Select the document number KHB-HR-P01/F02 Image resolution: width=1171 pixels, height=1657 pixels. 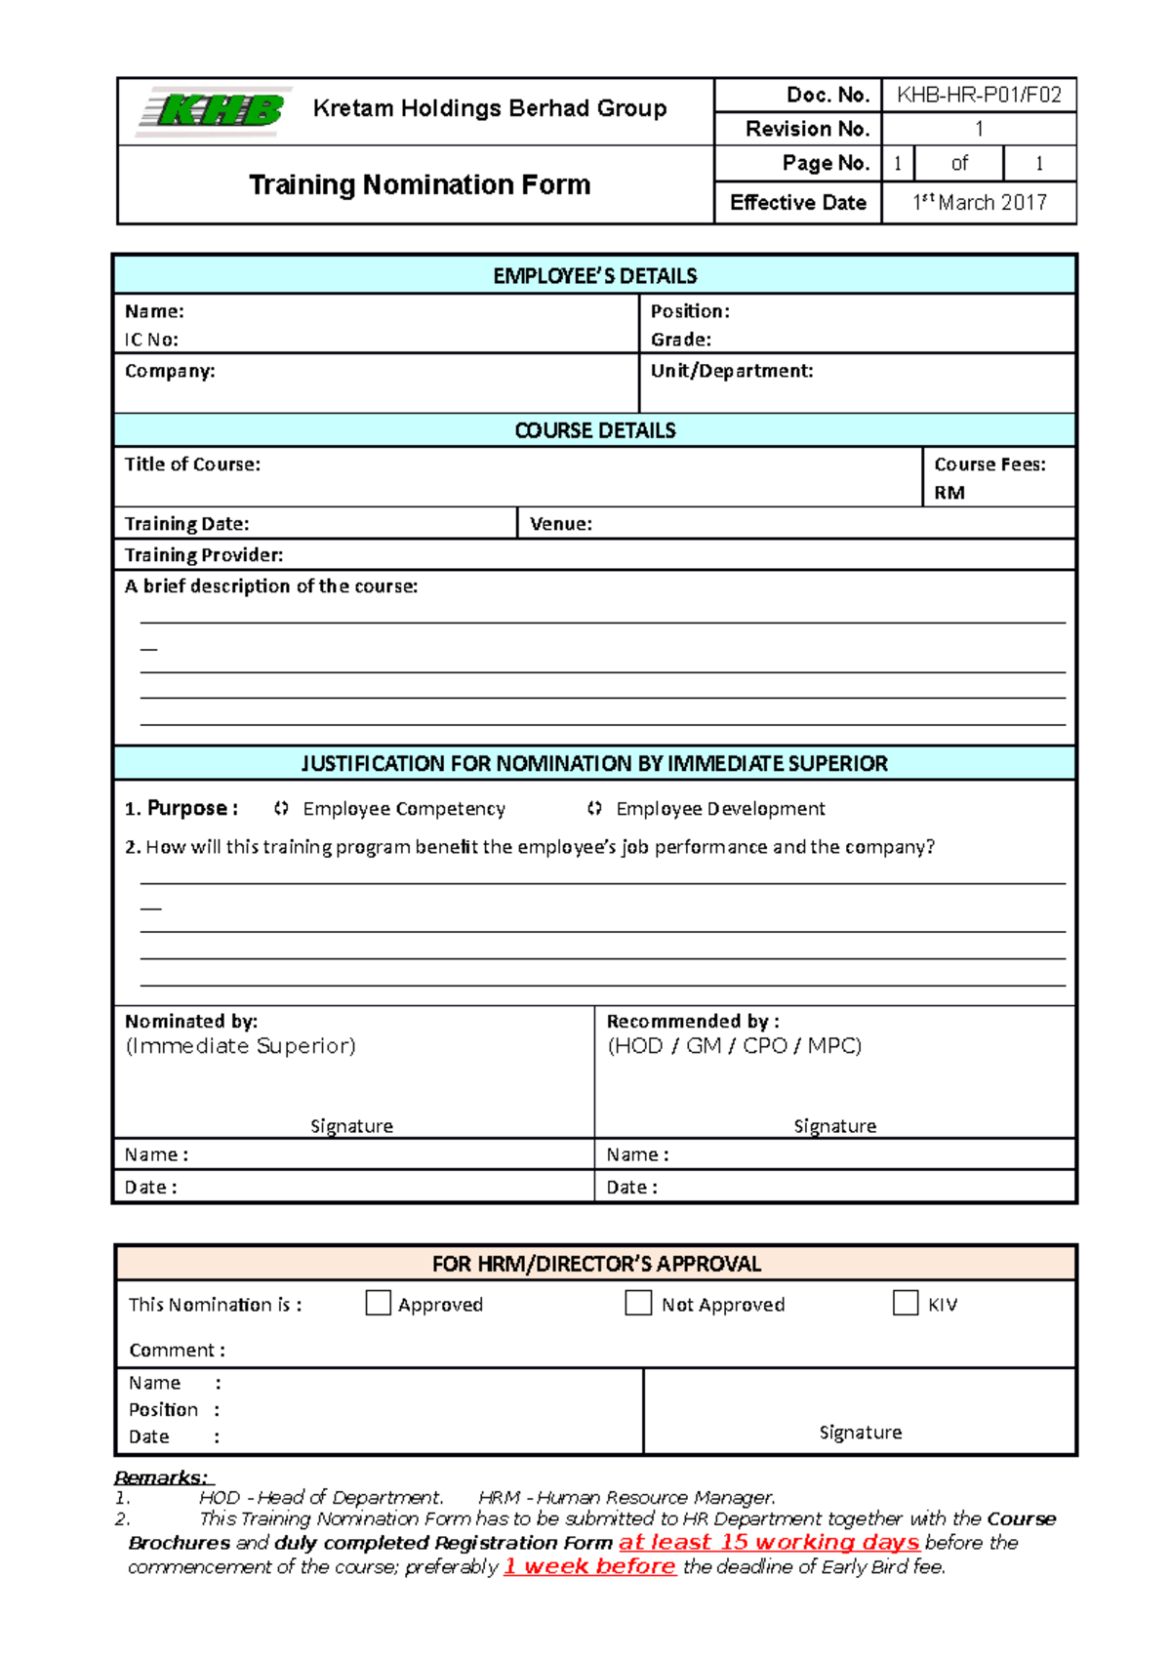(x=979, y=95)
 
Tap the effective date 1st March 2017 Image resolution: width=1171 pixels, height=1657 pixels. (x=979, y=202)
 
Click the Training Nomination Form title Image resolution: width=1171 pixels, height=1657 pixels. (x=420, y=184)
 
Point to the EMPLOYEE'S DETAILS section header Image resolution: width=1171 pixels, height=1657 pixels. (x=594, y=276)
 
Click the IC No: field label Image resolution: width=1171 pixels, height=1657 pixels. (x=151, y=340)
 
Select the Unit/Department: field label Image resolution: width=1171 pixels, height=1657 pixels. (x=732, y=371)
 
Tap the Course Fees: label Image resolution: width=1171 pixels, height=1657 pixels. (x=989, y=465)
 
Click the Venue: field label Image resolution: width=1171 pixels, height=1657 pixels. (x=561, y=524)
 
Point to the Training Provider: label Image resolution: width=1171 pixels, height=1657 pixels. (x=204, y=555)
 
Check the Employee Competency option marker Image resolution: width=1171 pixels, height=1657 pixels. (x=281, y=808)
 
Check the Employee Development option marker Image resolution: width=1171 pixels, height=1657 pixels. (x=594, y=808)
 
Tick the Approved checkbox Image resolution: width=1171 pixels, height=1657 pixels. (x=378, y=1303)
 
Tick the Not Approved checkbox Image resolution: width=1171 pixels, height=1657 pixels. (x=638, y=1303)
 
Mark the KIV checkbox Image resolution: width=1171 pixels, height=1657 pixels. (x=906, y=1303)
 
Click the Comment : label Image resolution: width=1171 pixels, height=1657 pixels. (x=177, y=1351)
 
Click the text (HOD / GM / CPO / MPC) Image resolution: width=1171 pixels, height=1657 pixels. (x=734, y=1046)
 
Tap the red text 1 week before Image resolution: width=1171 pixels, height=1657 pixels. (x=589, y=1566)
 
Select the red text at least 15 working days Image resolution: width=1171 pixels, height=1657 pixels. (x=769, y=1542)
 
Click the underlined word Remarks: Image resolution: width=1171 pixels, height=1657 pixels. (x=161, y=1477)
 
